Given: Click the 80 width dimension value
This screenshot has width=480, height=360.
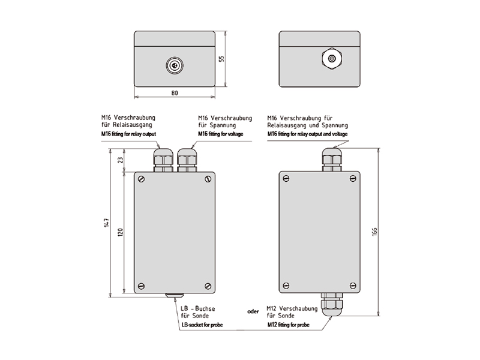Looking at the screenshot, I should pyautogui.click(x=175, y=94).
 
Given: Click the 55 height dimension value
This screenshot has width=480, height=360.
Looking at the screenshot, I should pyautogui.click(x=220, y=59).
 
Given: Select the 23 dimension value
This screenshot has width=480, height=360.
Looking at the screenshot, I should pyautogui.click(x=120, y=160).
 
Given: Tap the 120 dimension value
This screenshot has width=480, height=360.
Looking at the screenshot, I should pyautogui.click(x=119, y=232).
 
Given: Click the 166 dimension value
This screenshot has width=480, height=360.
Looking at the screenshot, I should pyautogui.click(x=374, y=233).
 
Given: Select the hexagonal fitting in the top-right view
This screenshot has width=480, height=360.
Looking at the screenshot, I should pyautogui.click(x=331, y=59).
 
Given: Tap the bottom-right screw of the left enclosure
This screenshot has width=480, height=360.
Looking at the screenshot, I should pyautogui.click(x=207, y=286).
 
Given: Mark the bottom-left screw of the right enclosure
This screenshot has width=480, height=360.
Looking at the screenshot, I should pyautogui.click(x=286, y=286).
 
